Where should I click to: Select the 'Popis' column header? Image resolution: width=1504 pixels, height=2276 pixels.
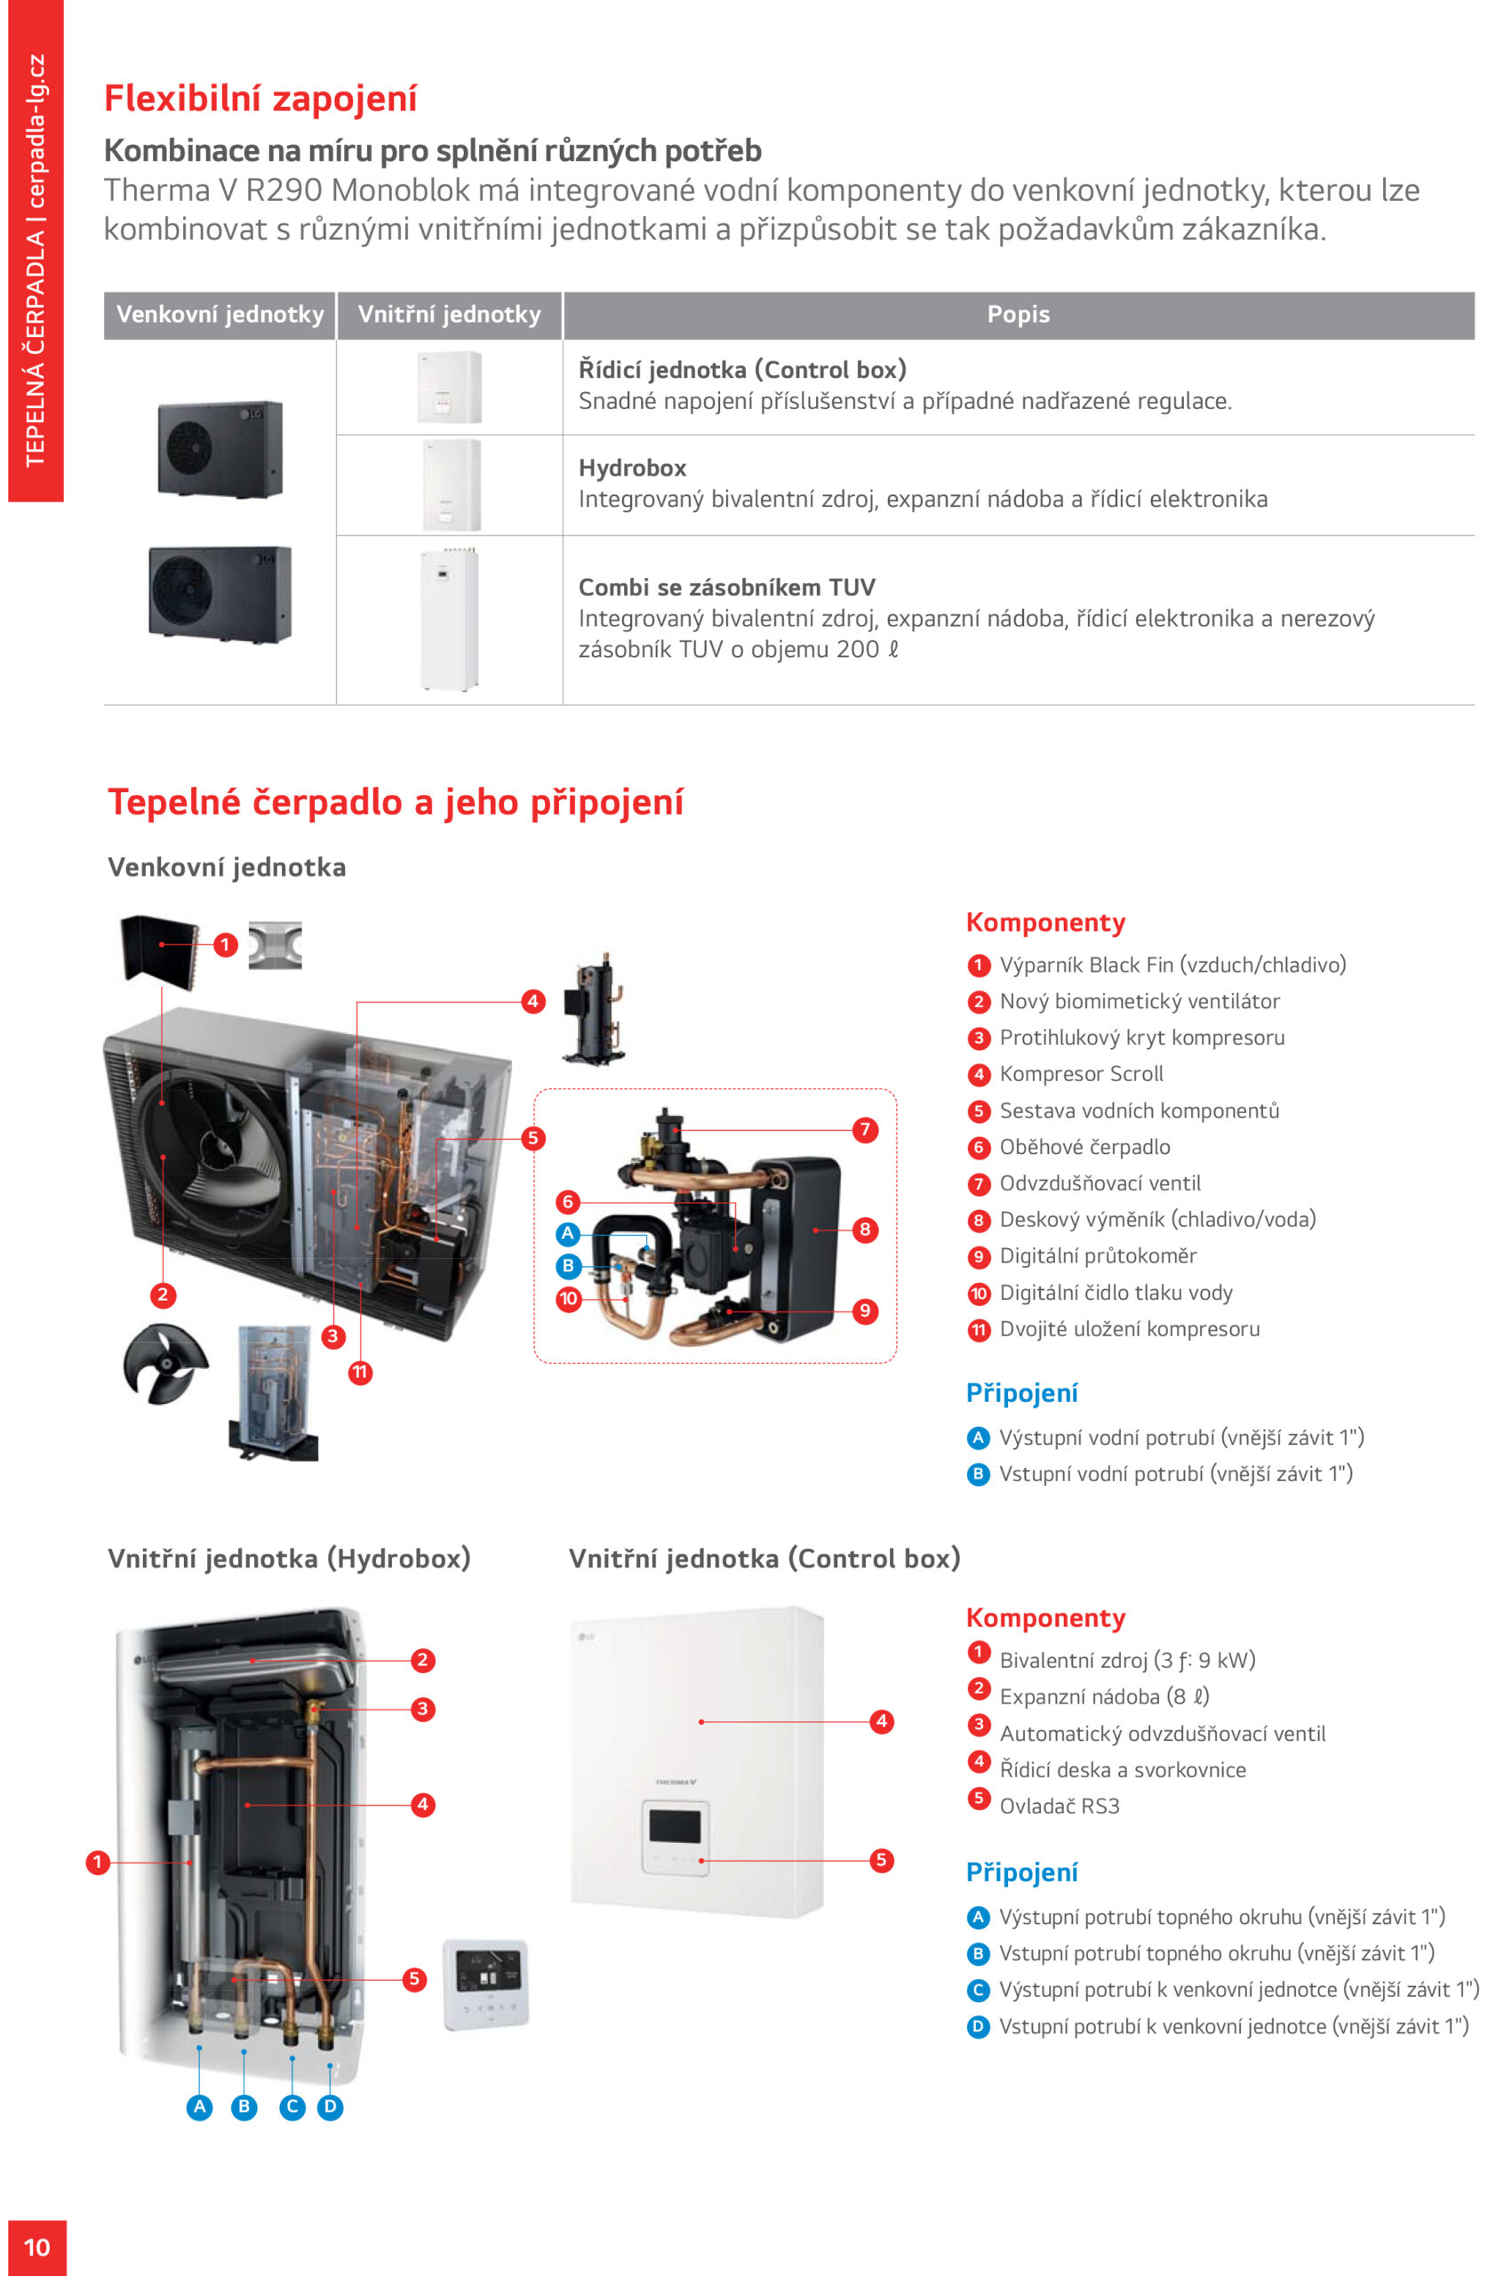pyautogui.click(x=1018, y=315)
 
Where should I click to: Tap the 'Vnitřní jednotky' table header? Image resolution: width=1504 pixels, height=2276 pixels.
pyautogui.click(x=449, y=315)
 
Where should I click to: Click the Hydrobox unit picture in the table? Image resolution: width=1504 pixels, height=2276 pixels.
pyautogui.click(x=452, y=485)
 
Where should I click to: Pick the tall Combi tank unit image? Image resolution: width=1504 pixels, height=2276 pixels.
pyautogui.click(x=449, y=620)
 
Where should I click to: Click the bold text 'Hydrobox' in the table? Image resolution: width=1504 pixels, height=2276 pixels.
pyautogui.click(x=632, y=468)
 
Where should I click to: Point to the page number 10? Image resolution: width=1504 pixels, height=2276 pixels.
pyautogui.click(x=36, y=2248)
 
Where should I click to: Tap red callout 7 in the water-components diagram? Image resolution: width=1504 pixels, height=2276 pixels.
pyautogui.click(x=864, y=1130)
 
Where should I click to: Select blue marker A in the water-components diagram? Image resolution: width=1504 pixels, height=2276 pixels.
pyautogui.click(x=568, y=1233)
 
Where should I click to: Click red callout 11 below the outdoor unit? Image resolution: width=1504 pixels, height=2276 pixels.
pyautogui.click(x=360, y=1373)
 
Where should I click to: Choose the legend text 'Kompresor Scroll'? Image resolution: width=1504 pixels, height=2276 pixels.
pyautogui.click(x=1081, y=1074)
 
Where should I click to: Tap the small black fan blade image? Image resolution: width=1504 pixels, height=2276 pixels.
pyautogui.click(x=164, y=1363)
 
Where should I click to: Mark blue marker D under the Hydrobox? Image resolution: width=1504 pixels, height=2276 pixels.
pyautogui.click(x=330, y=2107)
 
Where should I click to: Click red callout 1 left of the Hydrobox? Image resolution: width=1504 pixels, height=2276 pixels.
pyautogui.click(x=97, y=1863)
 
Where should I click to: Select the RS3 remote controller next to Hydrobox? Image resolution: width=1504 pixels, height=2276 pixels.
pyautogui.click(x=486, y=1984)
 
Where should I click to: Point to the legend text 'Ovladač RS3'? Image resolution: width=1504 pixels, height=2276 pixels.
pyautogui.click(x=1059, y=1807)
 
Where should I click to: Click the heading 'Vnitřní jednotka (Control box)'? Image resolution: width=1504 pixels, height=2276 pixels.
pyautogui.click(x=764, y=1559)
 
